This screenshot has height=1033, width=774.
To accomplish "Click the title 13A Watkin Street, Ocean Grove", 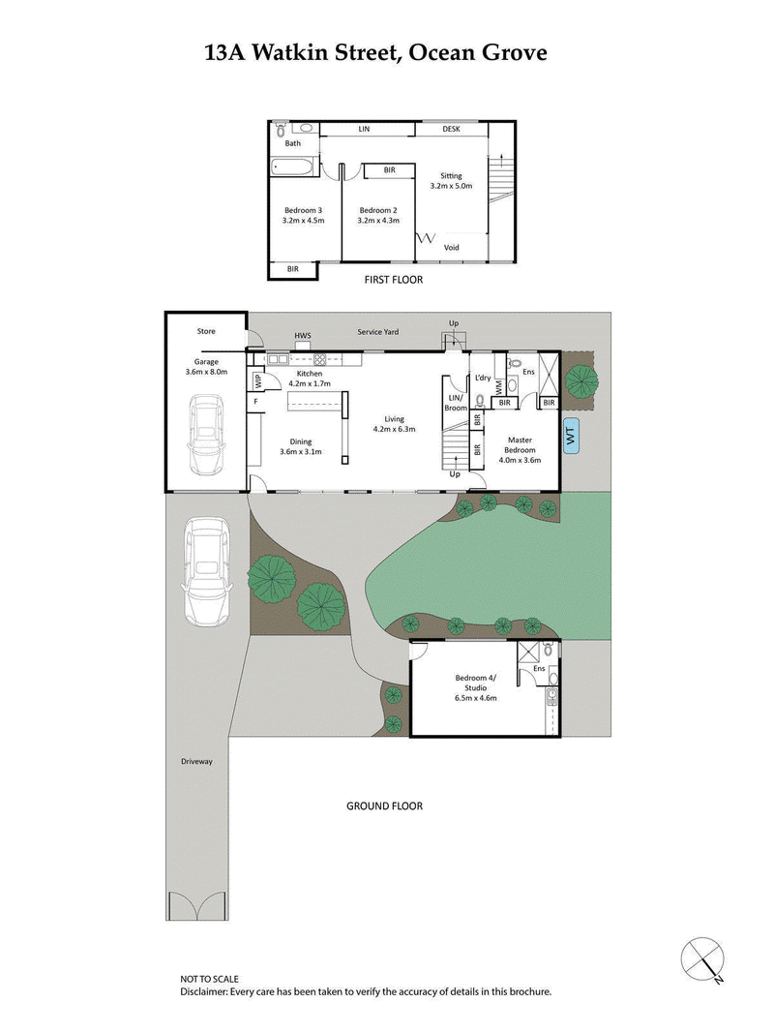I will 375,53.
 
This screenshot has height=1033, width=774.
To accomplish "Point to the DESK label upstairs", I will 452,129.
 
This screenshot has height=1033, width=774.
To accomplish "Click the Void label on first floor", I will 452,248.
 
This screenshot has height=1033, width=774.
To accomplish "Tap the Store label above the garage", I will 206,331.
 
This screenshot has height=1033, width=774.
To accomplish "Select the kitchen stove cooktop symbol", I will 319,359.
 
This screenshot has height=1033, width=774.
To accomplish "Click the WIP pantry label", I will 257,380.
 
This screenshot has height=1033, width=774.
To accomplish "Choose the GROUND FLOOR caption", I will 384,805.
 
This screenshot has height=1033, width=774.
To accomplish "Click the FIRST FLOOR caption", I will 393,279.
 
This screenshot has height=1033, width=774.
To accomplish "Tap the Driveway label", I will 196,761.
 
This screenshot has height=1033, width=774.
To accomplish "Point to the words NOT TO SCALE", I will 209,980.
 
